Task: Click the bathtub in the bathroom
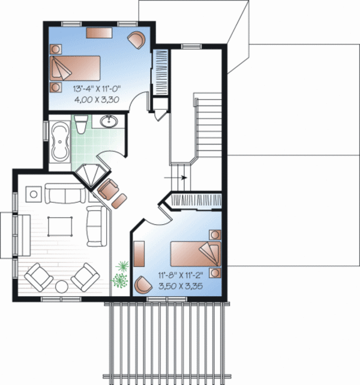coord(60,142)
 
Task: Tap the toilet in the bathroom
coord(82,124)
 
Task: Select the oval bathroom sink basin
coord(109,122)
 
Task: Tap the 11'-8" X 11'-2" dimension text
coord(180,275)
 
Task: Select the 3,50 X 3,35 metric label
coord(180,285)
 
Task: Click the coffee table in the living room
coord(59,225)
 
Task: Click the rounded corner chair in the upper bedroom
coord(136,39)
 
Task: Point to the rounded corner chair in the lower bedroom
coord(143,284)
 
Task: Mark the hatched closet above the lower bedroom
coord(197,200)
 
